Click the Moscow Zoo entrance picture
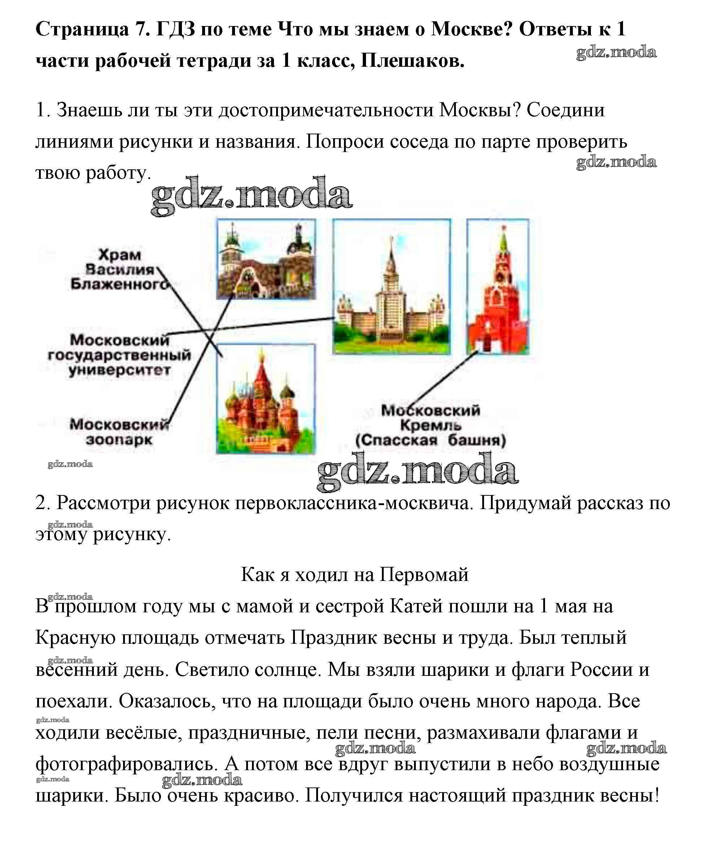(x=266, y=259)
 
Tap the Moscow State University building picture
(x=391, y=287)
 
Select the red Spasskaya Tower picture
(x=498, y=287)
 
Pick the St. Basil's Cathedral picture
(x=266, y=399)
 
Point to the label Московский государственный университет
(x=119, y=355)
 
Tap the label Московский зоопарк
(x=119, y=431)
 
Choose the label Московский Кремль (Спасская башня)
(x=430, y=425)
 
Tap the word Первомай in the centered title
(x=424, y=574)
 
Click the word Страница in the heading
(x=82, y=29)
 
